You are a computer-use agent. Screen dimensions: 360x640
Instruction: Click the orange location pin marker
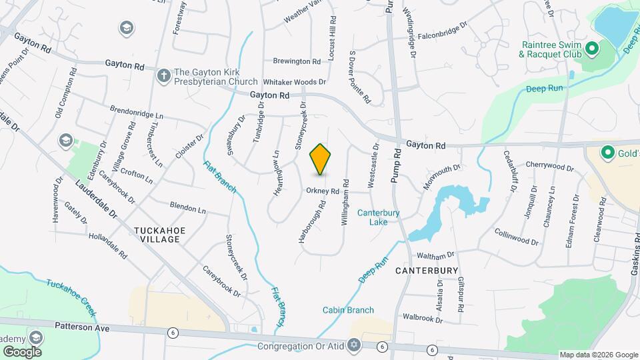[321, 159]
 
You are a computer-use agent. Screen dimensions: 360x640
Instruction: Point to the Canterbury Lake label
[378, 217]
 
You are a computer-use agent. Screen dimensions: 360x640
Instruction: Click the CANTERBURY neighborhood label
[426, 271]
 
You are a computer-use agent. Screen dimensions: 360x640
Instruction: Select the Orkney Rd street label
[323, 191]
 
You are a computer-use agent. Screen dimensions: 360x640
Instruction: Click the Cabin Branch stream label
[348, 310]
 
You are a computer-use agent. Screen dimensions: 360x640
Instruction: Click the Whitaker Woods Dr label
[294, 82]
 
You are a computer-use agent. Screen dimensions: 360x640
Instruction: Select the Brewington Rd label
[297, 61]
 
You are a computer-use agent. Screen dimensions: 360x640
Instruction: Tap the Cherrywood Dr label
[549, 167]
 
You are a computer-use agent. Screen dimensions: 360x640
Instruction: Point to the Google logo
[23, 351]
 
